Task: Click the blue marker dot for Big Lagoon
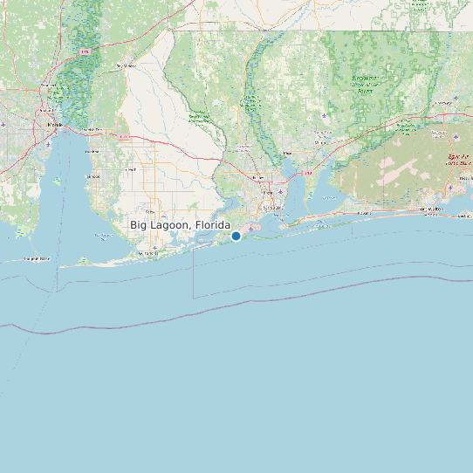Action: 236,236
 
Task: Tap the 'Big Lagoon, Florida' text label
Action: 181,225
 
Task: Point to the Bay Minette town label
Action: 127,65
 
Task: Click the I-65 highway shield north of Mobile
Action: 86,52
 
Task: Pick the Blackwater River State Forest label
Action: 363,84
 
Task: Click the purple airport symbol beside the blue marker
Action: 250,230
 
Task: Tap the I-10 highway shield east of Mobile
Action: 125,137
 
